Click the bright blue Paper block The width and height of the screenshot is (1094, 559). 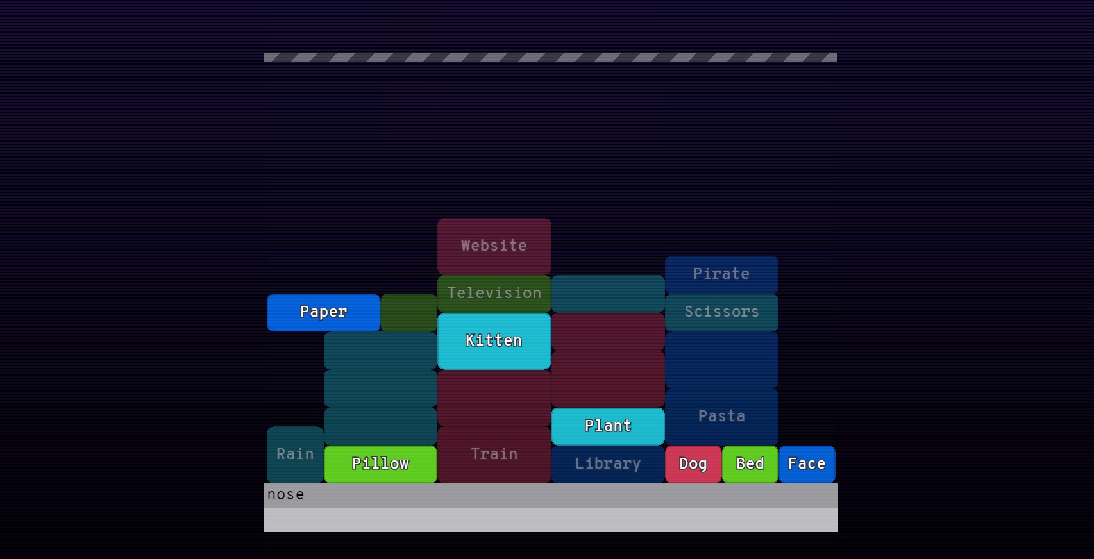tap(323, 312)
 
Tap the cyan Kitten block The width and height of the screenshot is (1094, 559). tap(494, 340)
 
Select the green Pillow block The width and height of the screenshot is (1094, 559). tap(380, 463)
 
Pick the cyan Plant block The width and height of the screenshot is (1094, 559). tap(607, 426)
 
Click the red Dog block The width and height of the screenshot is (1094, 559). tap(693, 463)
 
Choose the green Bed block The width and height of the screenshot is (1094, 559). tap(750, 463)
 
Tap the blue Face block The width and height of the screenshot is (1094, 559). tap(807, 463)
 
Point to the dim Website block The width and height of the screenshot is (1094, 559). tap(494, 246)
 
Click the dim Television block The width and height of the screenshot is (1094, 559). tap(494, 293)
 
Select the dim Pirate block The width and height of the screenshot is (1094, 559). tap(721, 274)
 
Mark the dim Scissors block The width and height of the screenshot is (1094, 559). tap(721, 312)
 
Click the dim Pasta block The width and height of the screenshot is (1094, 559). tap(721, 416)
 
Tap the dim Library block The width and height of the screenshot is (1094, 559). tap(607, 463)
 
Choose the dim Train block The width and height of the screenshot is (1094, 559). tap(494, 454)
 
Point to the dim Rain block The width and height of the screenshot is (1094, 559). tap(295, 454)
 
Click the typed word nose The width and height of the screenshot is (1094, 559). tap(286, 495)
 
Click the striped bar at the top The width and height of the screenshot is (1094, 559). tap(550, 57)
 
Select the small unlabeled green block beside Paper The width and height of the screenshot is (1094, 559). tap(408, 312)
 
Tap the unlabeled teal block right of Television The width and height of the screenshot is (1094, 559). tap(607, 294)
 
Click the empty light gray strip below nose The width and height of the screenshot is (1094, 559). tap(550, 520)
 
